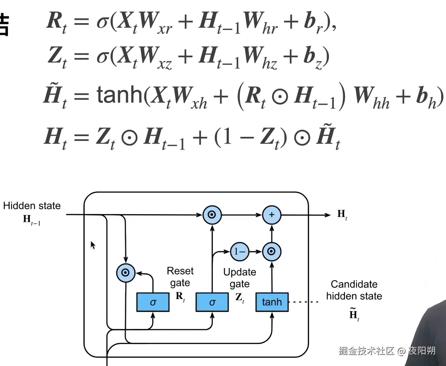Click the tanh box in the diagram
(272, 302)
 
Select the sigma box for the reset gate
(153, 302)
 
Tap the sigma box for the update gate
(212, 302)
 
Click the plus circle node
(272, 215)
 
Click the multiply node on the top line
(212, 215)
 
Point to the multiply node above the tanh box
(272, 252)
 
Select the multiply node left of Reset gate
(126, 273)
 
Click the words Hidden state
(32, 206)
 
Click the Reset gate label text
(180, 277)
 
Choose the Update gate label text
(239, 278)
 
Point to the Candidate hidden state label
(354, 290)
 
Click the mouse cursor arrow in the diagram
(92, 245)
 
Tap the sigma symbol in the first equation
(101, 22)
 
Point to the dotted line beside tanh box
(305, 302)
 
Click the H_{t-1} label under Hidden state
(32, 219)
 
